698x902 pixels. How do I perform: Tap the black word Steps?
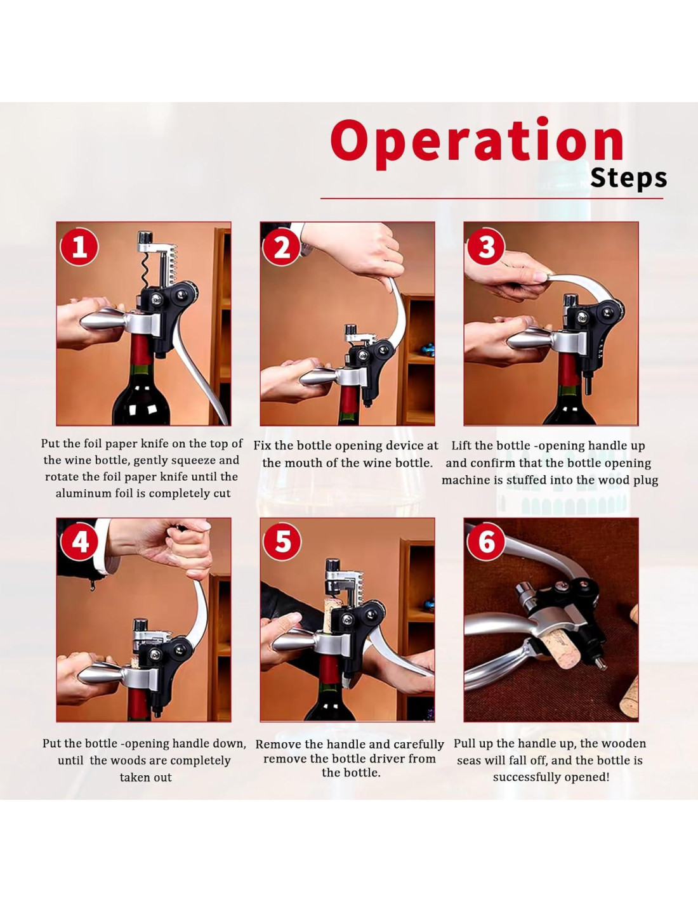click(x=629, y=178)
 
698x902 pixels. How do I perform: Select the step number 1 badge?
click(x=79, y=247)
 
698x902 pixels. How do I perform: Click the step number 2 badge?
click(x=282, y=247)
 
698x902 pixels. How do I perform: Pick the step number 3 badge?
click(x=486, y=247)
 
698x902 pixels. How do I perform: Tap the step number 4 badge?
click(x=79, y=542)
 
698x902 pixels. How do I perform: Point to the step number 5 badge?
click(x=282, y=542)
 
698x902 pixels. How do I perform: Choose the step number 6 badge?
click(x=486, y=542)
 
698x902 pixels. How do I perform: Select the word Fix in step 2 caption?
click(x=263, y=446)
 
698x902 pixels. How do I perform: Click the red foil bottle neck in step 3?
click(x=568, y=372)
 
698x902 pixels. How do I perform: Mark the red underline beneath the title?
click(x=492, y=199)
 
